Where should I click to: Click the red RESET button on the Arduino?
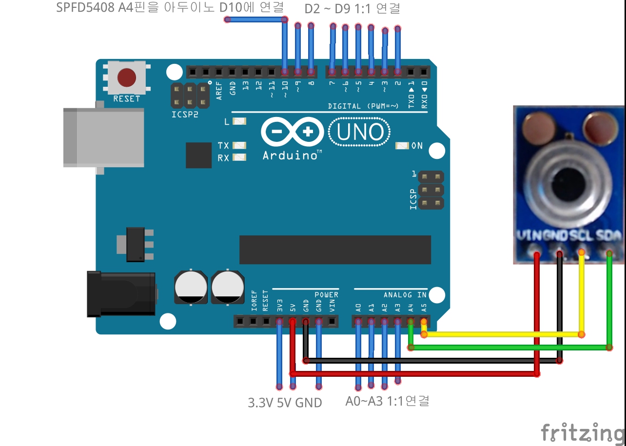tap(127, 77)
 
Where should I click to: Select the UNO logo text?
tap(360, 132)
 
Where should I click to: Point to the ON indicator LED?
tap(402, 146)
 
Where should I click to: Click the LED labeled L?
tap(240, 121)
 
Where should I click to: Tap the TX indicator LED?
tap(240, 145)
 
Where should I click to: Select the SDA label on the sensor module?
tap(609, 236)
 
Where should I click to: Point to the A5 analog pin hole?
tap(424, 322)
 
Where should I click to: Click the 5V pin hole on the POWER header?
tap(293, 322)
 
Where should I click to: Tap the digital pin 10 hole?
tap(285, 72)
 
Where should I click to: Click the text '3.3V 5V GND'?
tap(285, 403)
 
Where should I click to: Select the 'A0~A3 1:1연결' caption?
tap(387, 401)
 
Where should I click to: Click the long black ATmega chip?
tap(335, 250)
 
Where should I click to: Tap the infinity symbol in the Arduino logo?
tap(292, 132)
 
